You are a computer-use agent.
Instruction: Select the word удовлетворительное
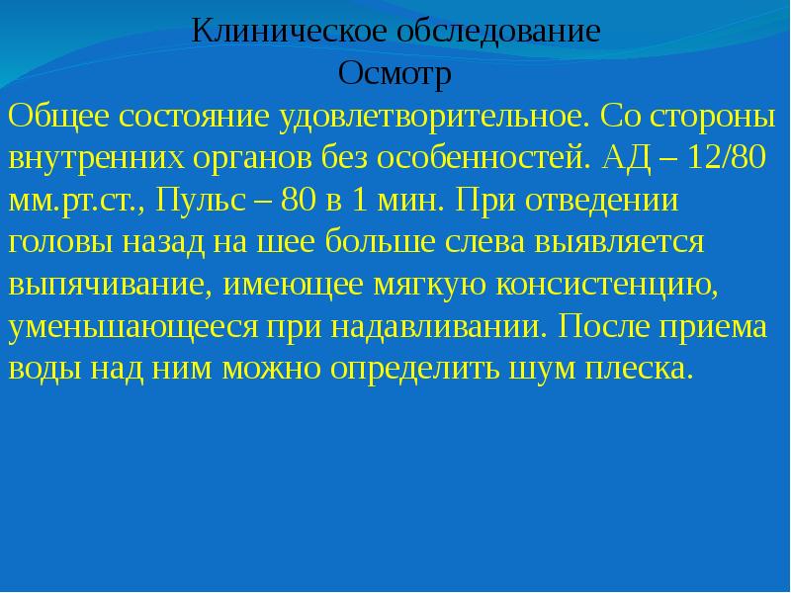tap(435, 117)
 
